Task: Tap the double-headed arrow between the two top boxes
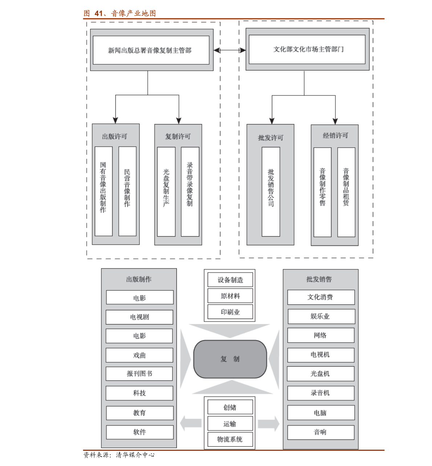click(x=229, y=50)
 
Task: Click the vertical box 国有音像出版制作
click(x=103, y=191)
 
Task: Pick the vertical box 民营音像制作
click(x=127, y=191)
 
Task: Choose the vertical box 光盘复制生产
click(x=166, y=192)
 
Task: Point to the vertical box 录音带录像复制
click(x=190, y=192)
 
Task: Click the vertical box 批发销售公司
click(x=271, y=192)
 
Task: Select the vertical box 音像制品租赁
click(x=346, y=192)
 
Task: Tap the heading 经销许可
click(x=335, y=136)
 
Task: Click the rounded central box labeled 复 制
click(x=230, y=359)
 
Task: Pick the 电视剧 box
click(x=139, y=317)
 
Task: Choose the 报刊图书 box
click(x=139, y=374)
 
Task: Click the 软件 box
click(x=140, y=432)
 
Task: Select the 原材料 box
click(x=230, y=296)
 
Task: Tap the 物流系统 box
click(x=230, y=440)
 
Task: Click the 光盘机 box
click(x=321, y=374)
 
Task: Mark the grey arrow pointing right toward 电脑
click(x=269, y=423)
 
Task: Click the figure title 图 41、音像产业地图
click(x=120, y=13)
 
